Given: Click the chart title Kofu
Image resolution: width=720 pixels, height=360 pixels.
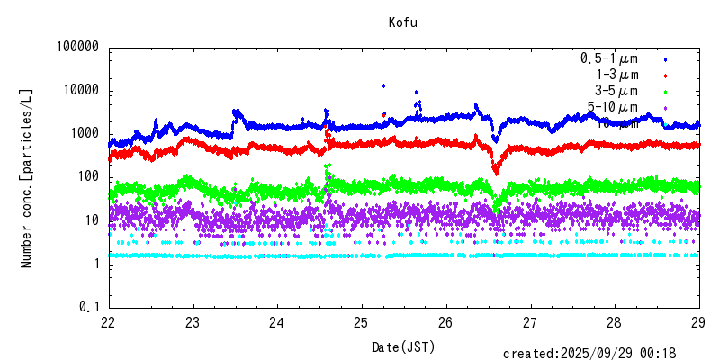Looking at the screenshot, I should tap(403, 22).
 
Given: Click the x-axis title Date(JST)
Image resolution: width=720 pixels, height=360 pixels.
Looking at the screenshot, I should tap(403, 346).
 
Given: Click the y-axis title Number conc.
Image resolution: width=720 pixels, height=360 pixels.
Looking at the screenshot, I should tap(27, 177).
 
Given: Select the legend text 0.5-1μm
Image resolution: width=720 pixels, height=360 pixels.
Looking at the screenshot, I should tap(609, 58).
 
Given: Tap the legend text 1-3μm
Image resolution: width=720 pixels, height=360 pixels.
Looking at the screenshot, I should tap(616, 75).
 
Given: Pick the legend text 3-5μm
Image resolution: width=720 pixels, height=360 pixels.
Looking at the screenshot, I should tap(616, 91).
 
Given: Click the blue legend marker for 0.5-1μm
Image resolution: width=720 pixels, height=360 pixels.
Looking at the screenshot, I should tap(664, 58).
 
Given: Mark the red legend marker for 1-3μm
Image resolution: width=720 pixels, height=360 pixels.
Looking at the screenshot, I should tap(664, 75).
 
